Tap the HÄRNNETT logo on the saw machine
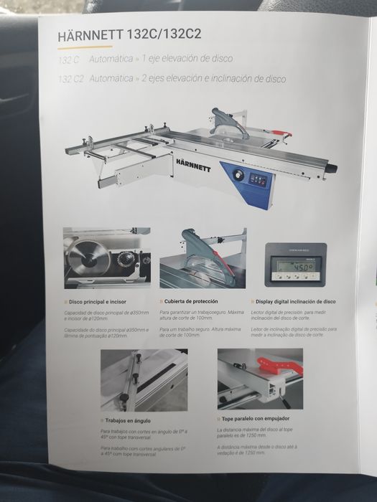click(x=192, y=162)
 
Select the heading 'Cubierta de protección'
click(x=189, y=301)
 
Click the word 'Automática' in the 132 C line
click(x=109, y=62)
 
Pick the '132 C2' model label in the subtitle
click(x=70, y=80)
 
